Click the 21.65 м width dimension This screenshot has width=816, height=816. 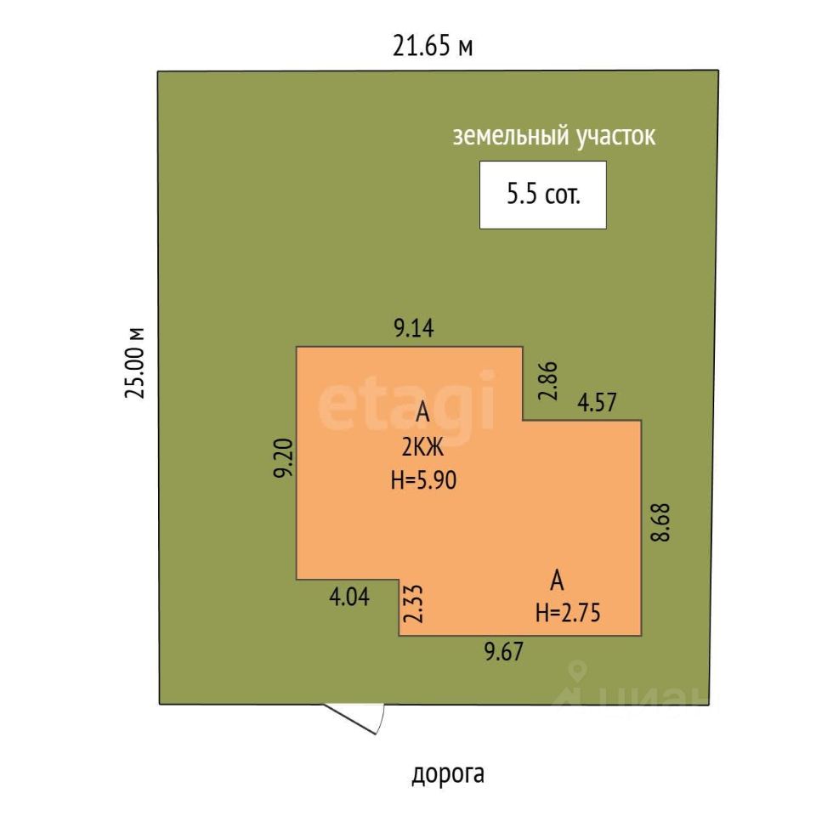432,46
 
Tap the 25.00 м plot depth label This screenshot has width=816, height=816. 135,362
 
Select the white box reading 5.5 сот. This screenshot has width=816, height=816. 543,195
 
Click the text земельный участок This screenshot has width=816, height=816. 554,136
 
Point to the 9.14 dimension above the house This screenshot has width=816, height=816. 413,328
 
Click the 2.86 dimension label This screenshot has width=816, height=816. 548,381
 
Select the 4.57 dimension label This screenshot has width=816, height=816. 598,401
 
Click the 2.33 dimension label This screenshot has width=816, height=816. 414,604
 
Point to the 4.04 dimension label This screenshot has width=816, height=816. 348,597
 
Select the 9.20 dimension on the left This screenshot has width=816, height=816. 283,459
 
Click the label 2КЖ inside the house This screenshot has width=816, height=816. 422,446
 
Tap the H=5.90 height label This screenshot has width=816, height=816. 423,480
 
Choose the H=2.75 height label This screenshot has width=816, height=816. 568,613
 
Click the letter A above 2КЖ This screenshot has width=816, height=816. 423,414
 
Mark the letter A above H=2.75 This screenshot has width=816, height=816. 558,581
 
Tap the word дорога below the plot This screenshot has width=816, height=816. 448,774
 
